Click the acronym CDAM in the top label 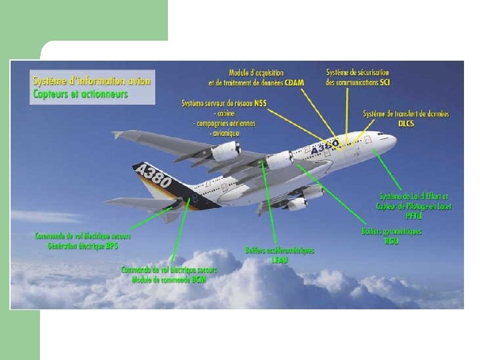(x=295, y=83)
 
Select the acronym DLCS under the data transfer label (x=406, y=123)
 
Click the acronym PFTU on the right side (x=414, y=215)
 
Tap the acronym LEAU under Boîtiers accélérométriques (x=279, y=259)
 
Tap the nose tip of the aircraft (x=395, y=140)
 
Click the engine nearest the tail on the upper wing (x=225, y=151)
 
